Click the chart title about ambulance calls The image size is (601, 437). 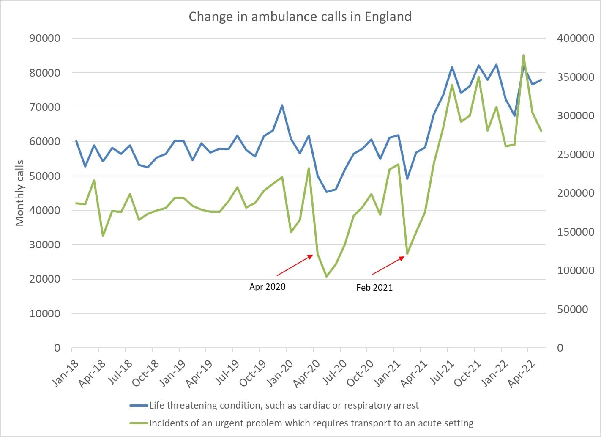pos(300,17)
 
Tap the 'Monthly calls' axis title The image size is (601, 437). pos(19,193)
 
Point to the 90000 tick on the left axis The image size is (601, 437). pos(45,38)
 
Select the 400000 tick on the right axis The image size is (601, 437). pos(575,38)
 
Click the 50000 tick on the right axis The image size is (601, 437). pos(573,309)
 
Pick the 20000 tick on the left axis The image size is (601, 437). pos(45,279)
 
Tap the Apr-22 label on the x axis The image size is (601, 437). pos(521,374)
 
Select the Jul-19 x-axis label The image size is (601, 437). pos(227,373)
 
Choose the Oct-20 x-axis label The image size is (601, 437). pos(360,374)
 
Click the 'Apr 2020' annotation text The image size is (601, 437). pos(267,287)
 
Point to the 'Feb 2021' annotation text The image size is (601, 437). pos(374,288)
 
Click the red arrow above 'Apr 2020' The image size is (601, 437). pos(295,265)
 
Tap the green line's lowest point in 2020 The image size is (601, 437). pos(326,276)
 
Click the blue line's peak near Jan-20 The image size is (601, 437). pos(282,106)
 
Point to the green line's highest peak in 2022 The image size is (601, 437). pos(523,55)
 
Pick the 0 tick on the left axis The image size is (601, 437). pos(57,348)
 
